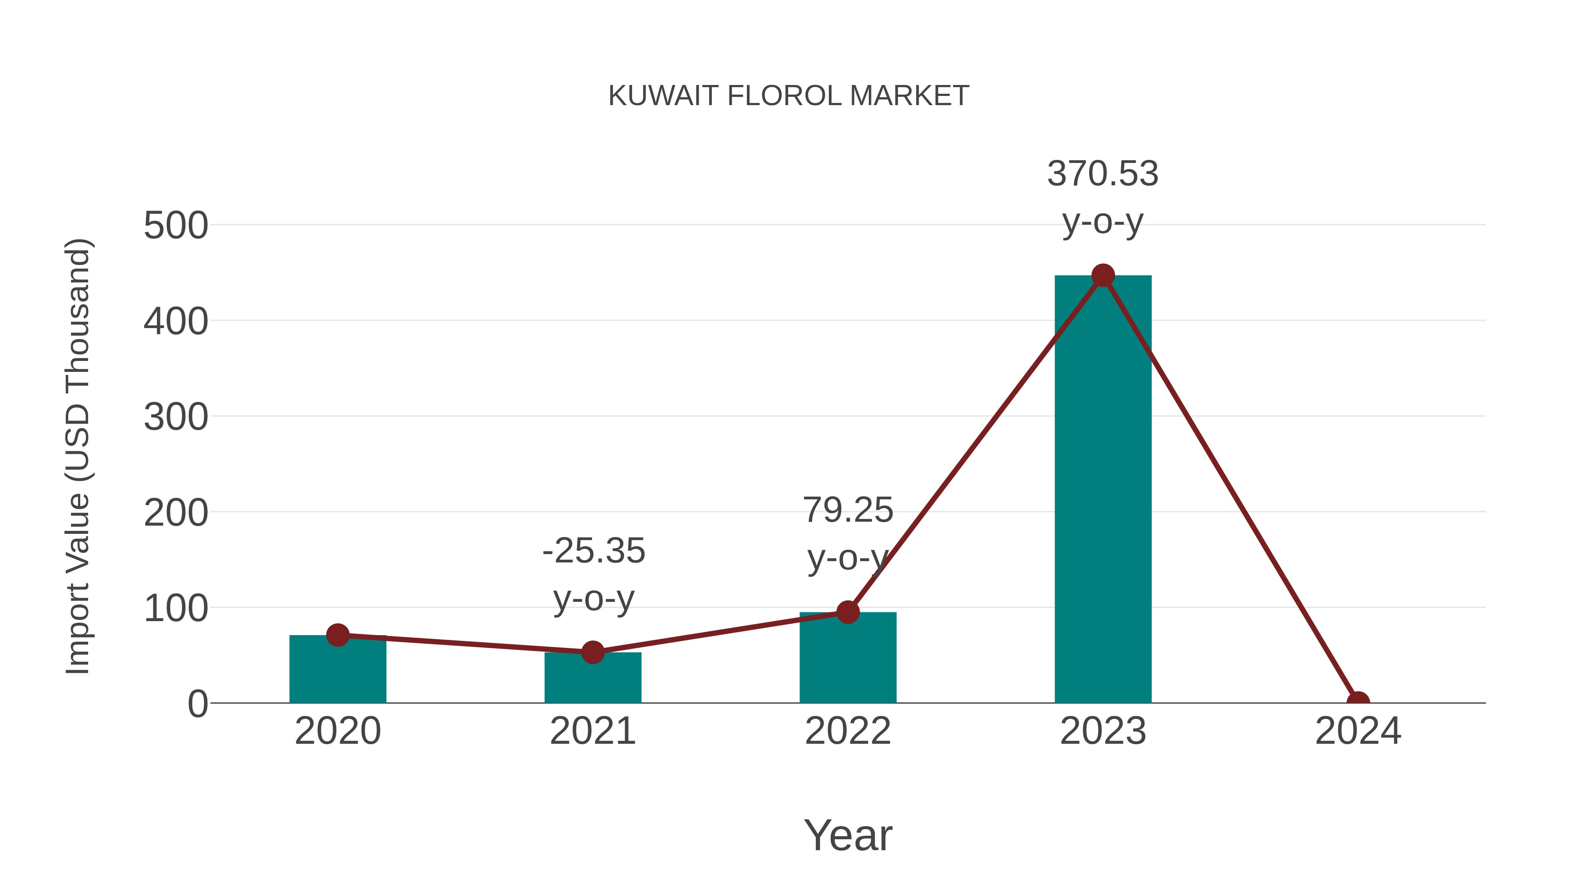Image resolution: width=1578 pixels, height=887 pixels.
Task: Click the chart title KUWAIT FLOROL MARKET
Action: (x=789, y=96)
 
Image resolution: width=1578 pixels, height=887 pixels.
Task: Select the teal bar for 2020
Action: (x=338, y=673)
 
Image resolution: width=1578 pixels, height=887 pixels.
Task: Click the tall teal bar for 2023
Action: (x=1103, y=490)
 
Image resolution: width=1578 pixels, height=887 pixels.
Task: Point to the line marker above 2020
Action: (x=338, y=636)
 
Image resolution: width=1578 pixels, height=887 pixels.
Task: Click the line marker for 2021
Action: (x=592, y=653)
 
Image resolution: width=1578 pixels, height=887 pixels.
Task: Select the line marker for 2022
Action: (x=847, y=611)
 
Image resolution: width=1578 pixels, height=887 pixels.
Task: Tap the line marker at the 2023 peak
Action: (x=1103, y=276)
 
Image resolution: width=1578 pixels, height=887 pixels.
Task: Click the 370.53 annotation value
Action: (x=1103, y=174)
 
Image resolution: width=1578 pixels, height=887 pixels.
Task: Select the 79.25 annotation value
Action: (x=848, y=511)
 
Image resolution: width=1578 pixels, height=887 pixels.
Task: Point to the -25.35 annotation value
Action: (x=594, y=551)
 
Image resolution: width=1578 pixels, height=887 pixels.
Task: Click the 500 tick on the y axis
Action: (x=176, y=226)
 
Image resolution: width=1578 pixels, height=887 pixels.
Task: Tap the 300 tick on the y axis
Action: (x=176, y=417)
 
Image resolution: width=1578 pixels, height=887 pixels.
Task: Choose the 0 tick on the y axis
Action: (x=197, y=704)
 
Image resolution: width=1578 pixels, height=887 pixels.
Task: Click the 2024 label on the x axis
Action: (x=1358, y=732)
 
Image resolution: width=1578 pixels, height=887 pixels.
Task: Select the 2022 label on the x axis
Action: (x=847, y=732)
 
